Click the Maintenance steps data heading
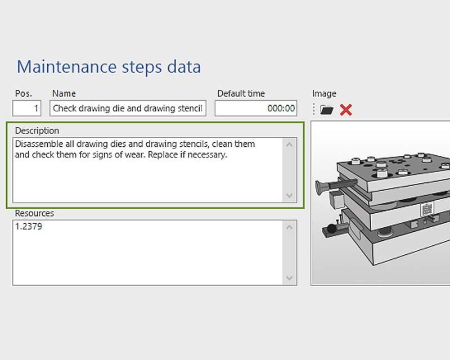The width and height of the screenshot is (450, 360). pos(109,67)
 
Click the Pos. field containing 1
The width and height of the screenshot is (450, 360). pos(27,108)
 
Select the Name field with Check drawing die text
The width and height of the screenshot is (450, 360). pos(128,108)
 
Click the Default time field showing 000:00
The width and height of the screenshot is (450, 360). pos(256,108)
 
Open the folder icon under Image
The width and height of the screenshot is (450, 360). pos(327,110)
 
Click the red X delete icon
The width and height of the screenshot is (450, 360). pos(346,110)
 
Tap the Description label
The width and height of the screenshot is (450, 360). pos(37,130)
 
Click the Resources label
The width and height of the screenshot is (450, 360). pos(34,213)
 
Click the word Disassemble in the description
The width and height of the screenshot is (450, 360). pos(39,144)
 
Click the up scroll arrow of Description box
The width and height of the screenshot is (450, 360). pos(290,145)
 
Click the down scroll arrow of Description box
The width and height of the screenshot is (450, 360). pos(290,195)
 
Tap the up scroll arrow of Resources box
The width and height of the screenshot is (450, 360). pos(290,227)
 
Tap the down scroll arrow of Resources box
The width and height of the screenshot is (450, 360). pos(290,278)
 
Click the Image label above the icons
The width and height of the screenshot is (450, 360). pos(324,93)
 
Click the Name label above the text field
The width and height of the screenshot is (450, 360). pos(64,93)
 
